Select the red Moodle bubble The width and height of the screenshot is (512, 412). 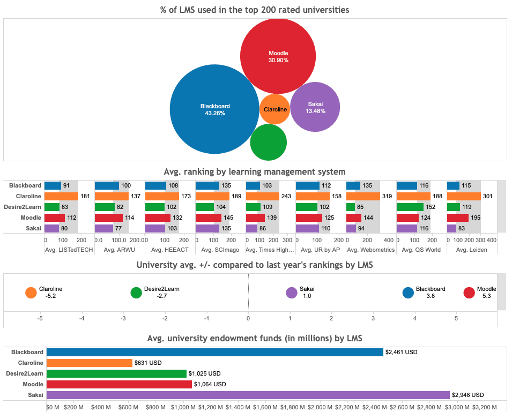pyautogui.click(x=277, y=56)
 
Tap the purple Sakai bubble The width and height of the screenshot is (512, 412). pyautogui.click(x=315, y=107)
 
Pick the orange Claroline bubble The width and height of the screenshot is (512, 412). pyautogui.click(x=275, y=109)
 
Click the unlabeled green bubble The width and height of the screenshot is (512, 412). pyautogui.click(x=268, y=143)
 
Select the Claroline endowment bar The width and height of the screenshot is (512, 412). pyautogui.click(x=89, y=363)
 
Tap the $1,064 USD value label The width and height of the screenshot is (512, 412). pyautogui.click(x=210, y=384)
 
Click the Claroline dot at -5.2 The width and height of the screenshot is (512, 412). pyautogui.click(x=31, y=293)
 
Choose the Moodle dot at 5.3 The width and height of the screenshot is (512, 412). pyautogui.click(x=469, y=293)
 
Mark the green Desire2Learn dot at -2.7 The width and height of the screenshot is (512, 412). pyautogui.click(x=136, y=293)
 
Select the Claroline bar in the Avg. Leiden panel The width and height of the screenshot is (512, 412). pyautogui.click(x=464, y=196)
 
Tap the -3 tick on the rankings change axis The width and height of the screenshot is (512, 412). pyautogui.click(x=123, y=318)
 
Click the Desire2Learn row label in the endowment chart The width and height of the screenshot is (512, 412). pyautogui.click(x=25, y=373)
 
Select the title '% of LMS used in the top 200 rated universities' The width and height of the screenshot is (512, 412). pyautogui.click(x=255, y=9)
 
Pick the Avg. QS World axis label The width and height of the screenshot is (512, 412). pyautogui.click(x=421, y=250)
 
